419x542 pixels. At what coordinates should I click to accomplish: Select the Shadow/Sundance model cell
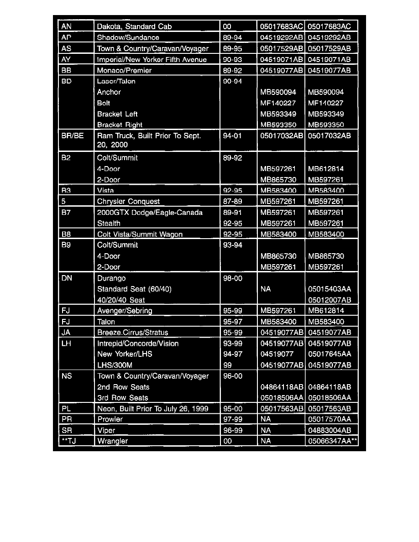coord(128,37)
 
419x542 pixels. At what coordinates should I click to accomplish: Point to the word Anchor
coord(109,92)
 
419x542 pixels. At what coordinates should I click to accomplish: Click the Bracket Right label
coord(120,125)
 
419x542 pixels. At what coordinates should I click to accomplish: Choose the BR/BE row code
coord(72,136)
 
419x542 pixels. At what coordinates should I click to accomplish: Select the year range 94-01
coord(230,136)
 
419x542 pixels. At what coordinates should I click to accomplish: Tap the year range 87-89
coord(230,201)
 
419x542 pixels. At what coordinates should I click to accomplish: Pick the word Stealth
coord(109,223)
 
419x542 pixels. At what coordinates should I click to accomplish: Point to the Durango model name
coord(111,278)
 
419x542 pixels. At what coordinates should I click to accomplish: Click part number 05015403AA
coord(329,289)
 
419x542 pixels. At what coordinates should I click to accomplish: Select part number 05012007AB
coord(329,300)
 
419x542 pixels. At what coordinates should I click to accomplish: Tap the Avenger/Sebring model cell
coord(125,311)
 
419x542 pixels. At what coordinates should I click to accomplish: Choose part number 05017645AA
coord(329,354)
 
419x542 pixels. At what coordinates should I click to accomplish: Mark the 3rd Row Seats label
coord(122,398)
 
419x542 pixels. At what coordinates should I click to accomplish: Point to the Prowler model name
coord(110,419)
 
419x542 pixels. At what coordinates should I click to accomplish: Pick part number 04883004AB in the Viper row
coord(329,430)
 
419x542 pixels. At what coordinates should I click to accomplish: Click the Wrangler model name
coord(112,441)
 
